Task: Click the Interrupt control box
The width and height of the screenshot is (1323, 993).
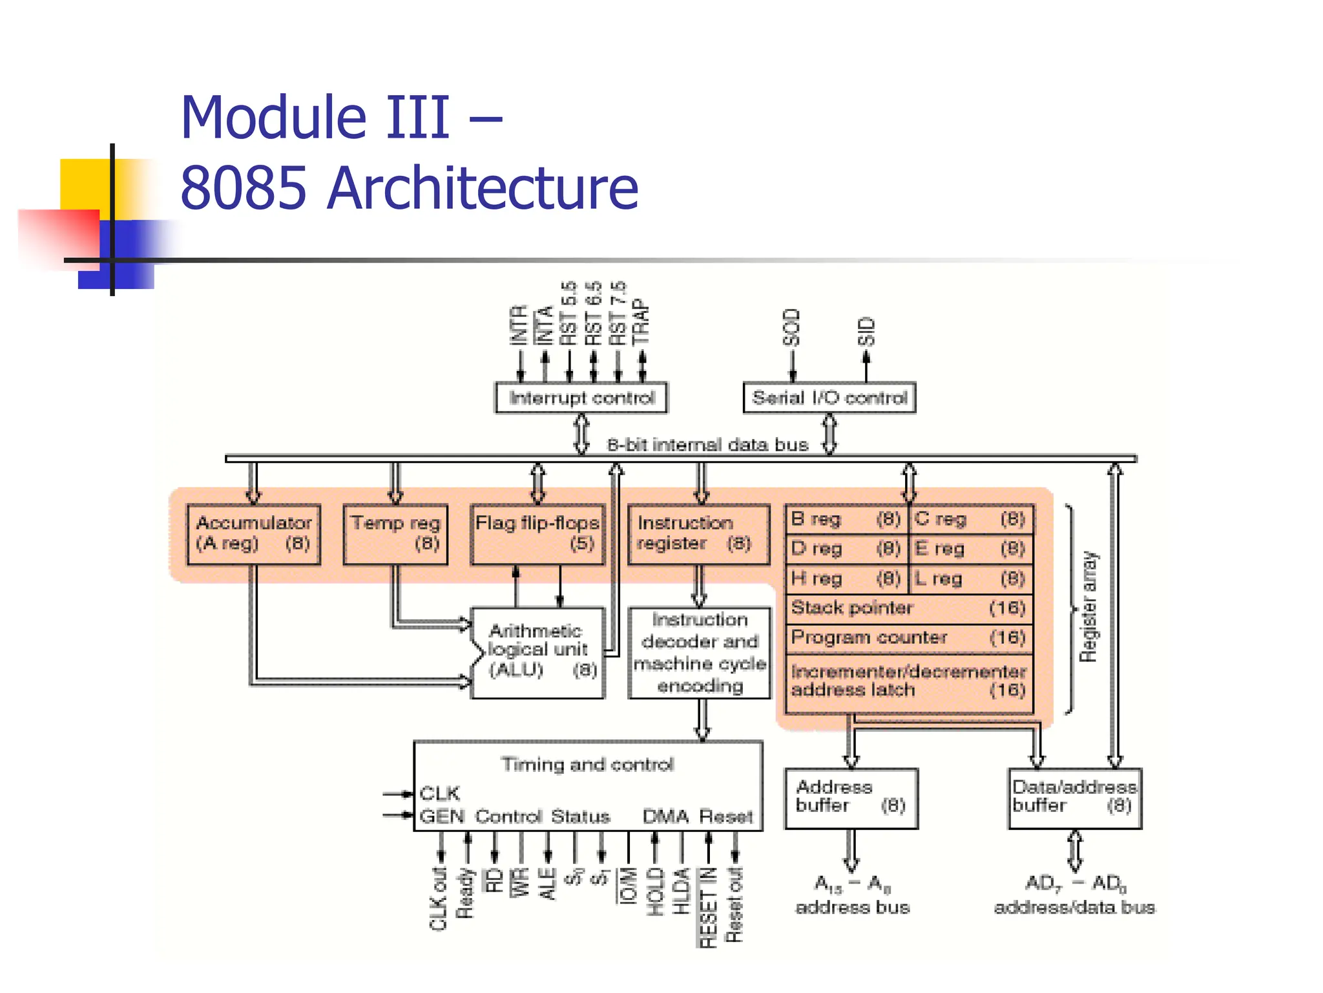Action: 581,397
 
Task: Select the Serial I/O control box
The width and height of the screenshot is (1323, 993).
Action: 829,397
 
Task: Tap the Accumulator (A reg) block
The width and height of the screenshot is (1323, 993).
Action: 253,535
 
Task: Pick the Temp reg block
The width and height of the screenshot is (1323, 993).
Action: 395,535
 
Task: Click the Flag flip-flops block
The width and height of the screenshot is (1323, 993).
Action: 537,535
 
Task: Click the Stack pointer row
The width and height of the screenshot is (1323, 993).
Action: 908,608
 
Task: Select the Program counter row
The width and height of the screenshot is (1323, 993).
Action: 908,638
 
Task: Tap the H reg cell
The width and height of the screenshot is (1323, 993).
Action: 846,579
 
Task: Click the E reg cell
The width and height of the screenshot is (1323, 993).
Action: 970,549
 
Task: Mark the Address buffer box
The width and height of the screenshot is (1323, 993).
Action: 851,798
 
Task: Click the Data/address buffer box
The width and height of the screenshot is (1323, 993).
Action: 1074,798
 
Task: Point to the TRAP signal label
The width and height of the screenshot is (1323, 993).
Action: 641,321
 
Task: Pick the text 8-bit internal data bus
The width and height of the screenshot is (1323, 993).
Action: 707,445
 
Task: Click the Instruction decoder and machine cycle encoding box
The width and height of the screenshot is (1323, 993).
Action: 700,652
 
